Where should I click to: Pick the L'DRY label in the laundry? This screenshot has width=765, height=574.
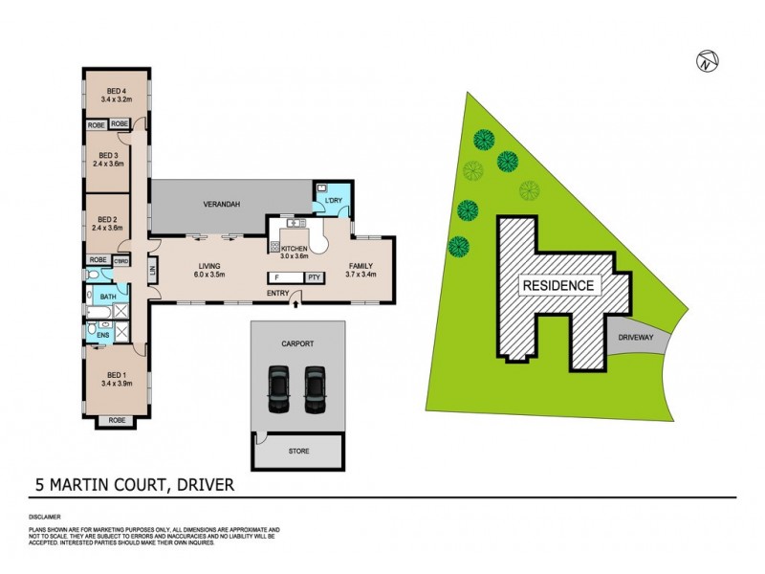click(x=334, y=199)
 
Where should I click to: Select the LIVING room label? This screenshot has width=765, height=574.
click(x=210, y=267)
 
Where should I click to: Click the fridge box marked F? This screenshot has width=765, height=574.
click(x=278, y=277)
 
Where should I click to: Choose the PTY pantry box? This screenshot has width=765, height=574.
click(x=314, y=277)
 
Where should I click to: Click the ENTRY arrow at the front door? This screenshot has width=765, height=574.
click(x=295, y=304)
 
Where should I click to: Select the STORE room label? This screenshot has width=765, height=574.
click(x=298, y=449)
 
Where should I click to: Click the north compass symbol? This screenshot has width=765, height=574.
click(x=706, y=61)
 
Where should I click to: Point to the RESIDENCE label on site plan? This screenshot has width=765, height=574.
click(x=557, y=285)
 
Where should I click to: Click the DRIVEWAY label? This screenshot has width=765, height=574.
click(x=635, y=338)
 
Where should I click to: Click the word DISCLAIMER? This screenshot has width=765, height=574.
click(x=46, y=517)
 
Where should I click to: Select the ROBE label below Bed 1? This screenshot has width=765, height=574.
click(x=116, y=420)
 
